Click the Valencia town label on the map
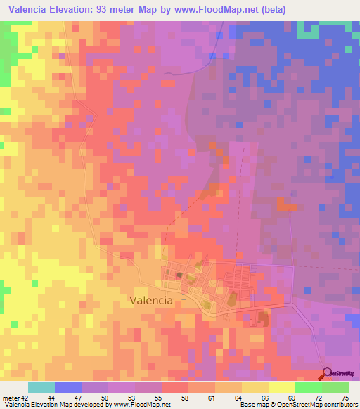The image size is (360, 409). coord(151,300)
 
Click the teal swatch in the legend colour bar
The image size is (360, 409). coord(41,387)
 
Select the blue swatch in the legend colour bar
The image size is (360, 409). coord(68,387)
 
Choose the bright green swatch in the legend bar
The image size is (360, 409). coord(308,387)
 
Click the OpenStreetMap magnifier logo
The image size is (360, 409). coord(328,373)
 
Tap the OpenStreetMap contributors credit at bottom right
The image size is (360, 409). coord(319,405)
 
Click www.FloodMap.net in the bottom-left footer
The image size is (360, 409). coord(141,405)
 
